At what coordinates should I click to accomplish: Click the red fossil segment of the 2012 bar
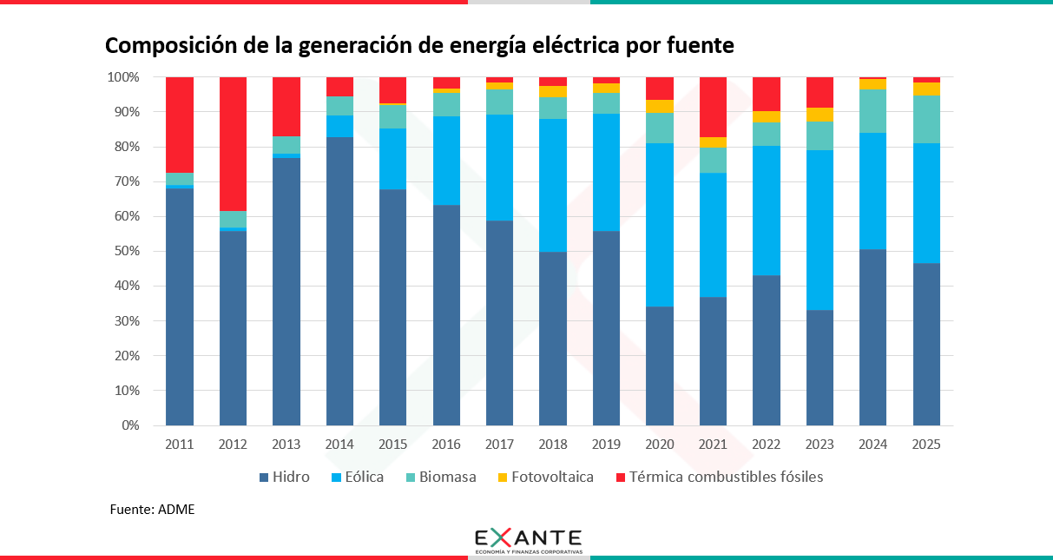coord(233,143)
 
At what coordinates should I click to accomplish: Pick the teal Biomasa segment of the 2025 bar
coord(926,119)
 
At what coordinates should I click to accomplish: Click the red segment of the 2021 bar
coord(713,107)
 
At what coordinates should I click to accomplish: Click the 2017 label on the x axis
coord(499,444)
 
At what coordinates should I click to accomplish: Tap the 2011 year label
coord(179,444)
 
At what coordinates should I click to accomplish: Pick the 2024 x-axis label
coord(872,444)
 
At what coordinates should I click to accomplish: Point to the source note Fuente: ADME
coord(153,510)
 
